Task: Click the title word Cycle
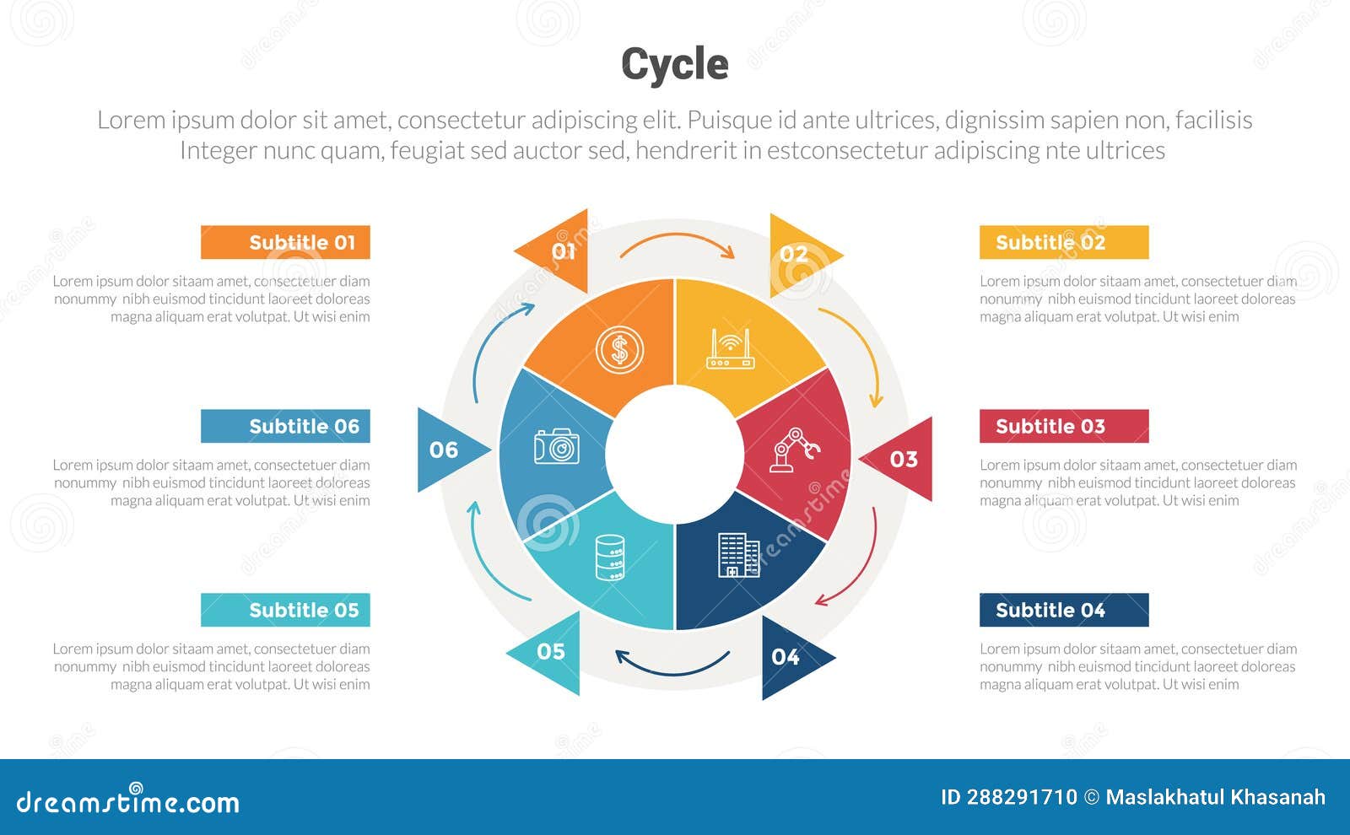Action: [674, 64]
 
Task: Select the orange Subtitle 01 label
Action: [285, 243]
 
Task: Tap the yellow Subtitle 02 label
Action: [1063, 243]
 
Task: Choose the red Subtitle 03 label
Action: [1063, 427]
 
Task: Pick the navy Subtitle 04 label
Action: [1063, 611]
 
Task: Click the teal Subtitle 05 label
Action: [285, 611]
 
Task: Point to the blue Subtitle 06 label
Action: [285, 427]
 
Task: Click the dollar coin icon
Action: [619, 349]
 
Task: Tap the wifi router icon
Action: [730, 349]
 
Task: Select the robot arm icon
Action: [794, 450]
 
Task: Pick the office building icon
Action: [738, 555]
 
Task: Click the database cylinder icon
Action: [610, 557]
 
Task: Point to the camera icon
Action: [557, 446]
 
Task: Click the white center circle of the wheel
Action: [674, 454]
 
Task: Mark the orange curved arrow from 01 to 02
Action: [677, 243]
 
